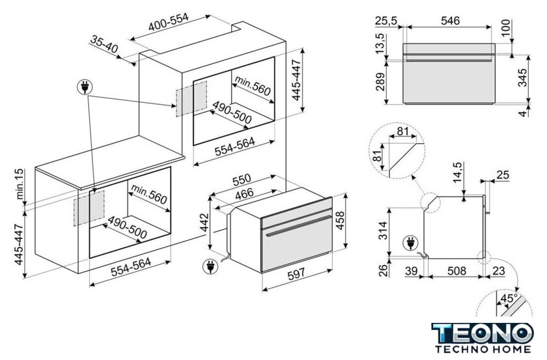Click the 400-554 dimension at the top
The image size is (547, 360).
click(169, 22)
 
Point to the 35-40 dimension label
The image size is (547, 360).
click(104, 44)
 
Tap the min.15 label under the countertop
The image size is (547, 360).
click(20, 184)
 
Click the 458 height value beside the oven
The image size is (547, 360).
click(340, 221)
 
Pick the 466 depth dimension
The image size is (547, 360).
click(244, 194)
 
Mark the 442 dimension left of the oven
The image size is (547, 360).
click(203, 223)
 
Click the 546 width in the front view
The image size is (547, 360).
click(450, 21)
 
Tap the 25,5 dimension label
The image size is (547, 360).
click(386, 21)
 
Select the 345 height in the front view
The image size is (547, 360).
click(522, 78)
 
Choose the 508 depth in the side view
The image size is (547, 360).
click(456, 271)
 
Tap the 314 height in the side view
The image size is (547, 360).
click(383, 230)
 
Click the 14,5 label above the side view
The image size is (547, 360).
click(457, 173)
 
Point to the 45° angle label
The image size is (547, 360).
click(509, 299)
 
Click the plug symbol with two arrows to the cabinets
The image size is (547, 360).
click(85, 87)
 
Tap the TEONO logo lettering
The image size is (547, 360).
click(483, 333)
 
